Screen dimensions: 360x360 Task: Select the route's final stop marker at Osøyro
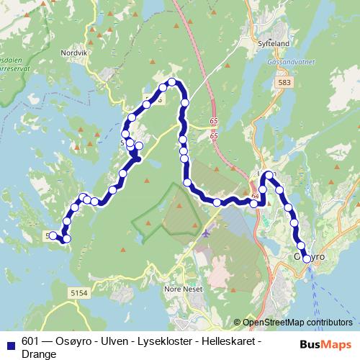pos(307,258)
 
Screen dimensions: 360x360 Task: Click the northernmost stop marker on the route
pos(172,82)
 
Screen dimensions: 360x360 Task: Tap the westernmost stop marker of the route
pos(53,235)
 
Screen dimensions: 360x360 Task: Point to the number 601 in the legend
pos(30,341)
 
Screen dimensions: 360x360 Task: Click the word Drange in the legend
pos(39,354)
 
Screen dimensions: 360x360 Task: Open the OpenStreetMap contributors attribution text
pos(297,322)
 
